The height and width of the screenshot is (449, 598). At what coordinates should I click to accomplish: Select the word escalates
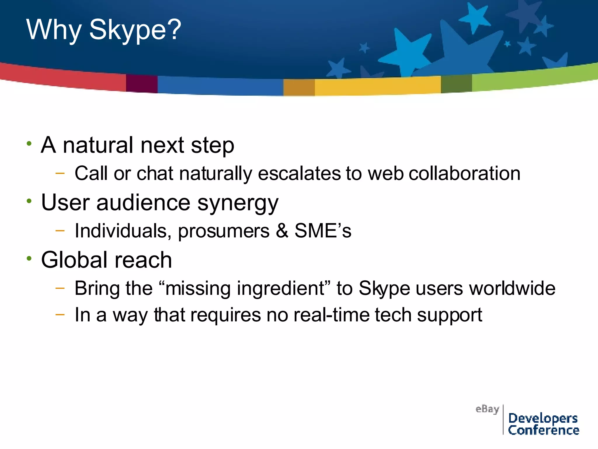point(300,173)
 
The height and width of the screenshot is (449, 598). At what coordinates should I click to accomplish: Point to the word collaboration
point(464,173)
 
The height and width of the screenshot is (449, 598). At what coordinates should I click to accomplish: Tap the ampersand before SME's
point(282,231)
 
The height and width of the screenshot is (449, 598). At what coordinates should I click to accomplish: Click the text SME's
point(323,231)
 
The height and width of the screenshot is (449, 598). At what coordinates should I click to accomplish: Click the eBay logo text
point(487,409)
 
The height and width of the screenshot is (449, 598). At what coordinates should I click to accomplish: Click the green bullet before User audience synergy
point(29,201)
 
